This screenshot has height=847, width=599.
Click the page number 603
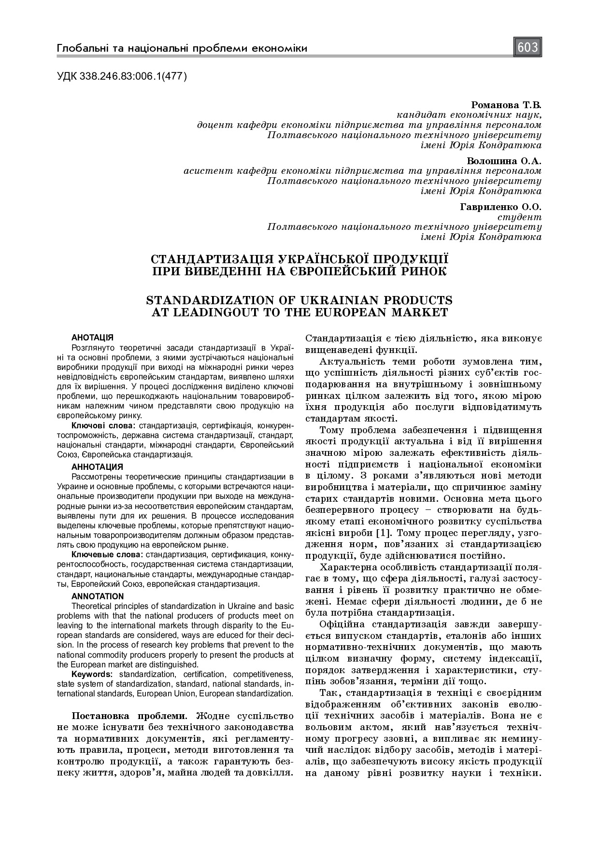[528, 47]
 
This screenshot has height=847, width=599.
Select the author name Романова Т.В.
[506, 105]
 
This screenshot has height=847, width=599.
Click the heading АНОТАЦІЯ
[92, 337]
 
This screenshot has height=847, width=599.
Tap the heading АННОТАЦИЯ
[97, 467]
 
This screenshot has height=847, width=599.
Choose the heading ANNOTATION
[98, 596]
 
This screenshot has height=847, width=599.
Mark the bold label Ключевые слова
[107, 555]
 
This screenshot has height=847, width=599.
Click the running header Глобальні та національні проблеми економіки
[182, 48]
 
